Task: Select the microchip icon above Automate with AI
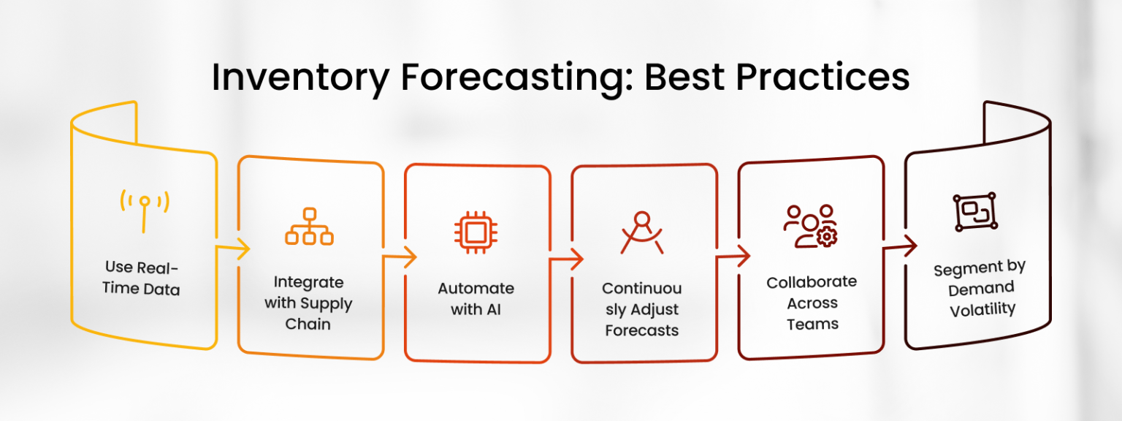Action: (476, 233)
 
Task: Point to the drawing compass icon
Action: (642, 233)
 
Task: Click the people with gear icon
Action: (810, 226)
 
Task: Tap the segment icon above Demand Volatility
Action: (975, 213)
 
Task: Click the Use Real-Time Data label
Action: (142, 278)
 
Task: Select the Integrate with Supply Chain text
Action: (309, 303)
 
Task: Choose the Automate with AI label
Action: (476, 298)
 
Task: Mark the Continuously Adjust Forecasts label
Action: (642, 309)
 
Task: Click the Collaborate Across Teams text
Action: (812, 303)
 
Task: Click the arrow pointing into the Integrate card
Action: (235, 250)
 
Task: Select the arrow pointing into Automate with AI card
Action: (402, 257)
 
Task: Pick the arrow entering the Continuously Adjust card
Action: (569, 259)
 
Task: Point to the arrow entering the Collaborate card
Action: (736, 256)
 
